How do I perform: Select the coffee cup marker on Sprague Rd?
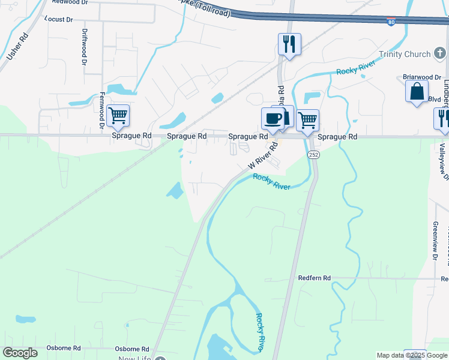(273, 119)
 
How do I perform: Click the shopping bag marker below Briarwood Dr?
(417, 92)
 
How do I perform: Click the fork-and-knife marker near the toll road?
(289, 44)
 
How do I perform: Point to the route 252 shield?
(313, 155)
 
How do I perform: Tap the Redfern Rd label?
(315, 278)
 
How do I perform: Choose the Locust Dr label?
(58, 20)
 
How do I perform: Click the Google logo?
(20, 353)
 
